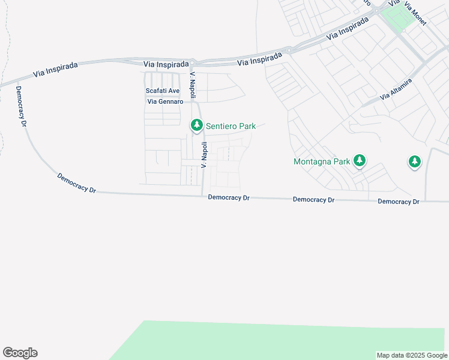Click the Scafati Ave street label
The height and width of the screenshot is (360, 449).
pyautogui.click(x=163, y=91)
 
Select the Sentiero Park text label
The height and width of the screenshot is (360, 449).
pyautogui.click(x=231, y=126)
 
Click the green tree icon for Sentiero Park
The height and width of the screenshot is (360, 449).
pyautogui.click(x=196, y=125)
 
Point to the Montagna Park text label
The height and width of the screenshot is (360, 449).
pyautogui.click(x=322, y=161)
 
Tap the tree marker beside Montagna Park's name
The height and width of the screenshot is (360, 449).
pyautogui.click(x=360, y=161)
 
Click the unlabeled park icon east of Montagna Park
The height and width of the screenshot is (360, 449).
pyautogui.click(x=414, y=161)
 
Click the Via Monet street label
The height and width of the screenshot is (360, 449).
pyautogui.click(x=415, y=13)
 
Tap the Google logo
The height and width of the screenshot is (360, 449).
pyautogui.click(x=20, y=353)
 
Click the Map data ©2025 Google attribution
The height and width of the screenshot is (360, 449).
pyautogui.click(x=412, y=355)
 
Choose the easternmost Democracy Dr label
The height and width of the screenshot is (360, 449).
pyautogui.click(x=399, y=202)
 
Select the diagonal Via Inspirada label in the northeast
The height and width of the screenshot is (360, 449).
pyautogui.click(x=348, y=29)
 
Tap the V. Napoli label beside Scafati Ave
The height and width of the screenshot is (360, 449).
pyautogui.click(x=193, y=82)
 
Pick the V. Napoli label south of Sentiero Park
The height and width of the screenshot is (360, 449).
pyautogui.click(x=204, y=154)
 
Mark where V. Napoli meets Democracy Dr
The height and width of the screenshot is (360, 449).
pyautogui.click(x=208, y=194)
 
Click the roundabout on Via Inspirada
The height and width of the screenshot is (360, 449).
pyautogui.click(x=289, y=50)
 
